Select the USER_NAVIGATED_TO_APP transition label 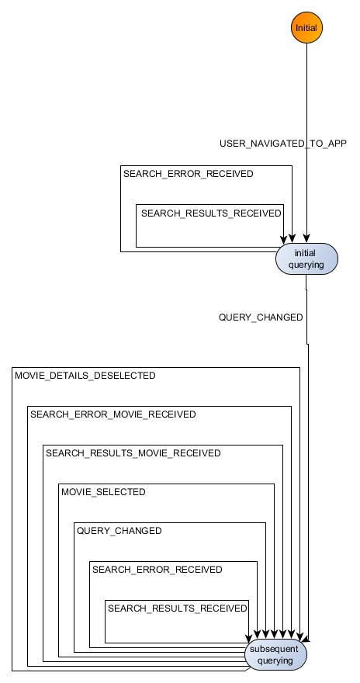283,144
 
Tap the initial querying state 306,258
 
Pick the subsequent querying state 276,655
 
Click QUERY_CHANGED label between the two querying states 261,317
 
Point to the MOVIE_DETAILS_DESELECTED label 85,376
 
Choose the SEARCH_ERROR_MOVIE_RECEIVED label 112,414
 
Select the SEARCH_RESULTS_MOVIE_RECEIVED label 133,453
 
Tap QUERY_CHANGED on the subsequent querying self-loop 119,531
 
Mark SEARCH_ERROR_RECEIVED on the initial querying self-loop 188,174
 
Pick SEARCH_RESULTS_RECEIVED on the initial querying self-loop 211,213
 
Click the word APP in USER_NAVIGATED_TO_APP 335,144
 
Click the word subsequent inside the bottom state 276,650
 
